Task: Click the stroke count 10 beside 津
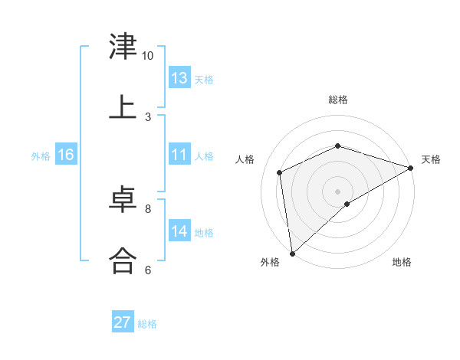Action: pyautogui.click(x=148, y=56)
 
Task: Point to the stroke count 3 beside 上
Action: pyautogui.click(x=148, y=116)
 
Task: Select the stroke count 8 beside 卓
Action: pyautogui.click(x=148, y=208)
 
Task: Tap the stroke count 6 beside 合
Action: pyautogui.click(x=148, y=270)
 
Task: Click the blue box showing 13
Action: pyautogui.click(x=179, y=78)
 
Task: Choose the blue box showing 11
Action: pyautogui.click(x=179, y=155)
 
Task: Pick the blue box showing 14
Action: pyautogui.click(x=179, y=231)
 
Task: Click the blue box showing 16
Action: pyautogui.click(x=66, y=155)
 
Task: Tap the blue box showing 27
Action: pyautogui.click(x=123, y=322)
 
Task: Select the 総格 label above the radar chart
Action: pyautogui.click(x=338, y=100)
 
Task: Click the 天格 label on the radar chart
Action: pyautogui.click(x=431, y=159)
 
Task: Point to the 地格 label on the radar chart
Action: pyautogui.click(x=402, y=263)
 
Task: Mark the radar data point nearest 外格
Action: pyautogui.click(x=292, y=254)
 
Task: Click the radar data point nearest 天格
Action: pyautogui.click(x=411, y=168)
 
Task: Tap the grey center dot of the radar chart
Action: pyautogui.click(x=338, y=191)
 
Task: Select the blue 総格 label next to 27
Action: pyautogui.click(x=147, y=324)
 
